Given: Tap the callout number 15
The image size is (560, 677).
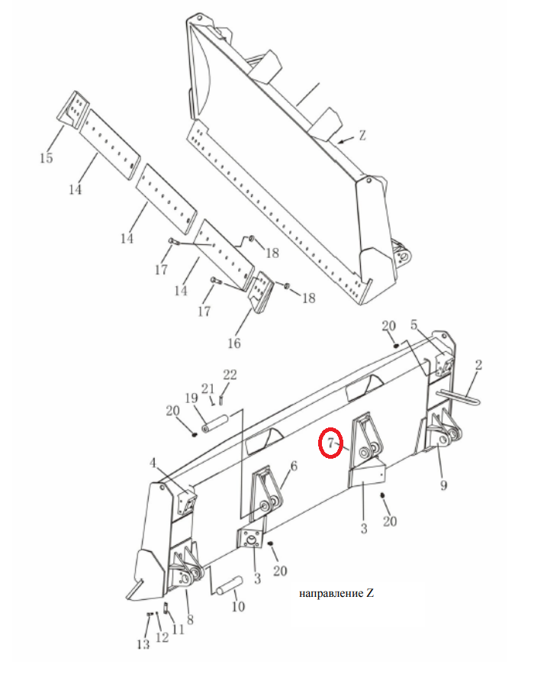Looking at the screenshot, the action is [x=47, y=158].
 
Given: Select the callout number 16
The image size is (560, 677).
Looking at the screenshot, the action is [x=233, y=343].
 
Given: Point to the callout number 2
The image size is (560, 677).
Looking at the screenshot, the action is [x=478, y=366].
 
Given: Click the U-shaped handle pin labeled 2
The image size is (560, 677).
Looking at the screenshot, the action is [x=458, y=396].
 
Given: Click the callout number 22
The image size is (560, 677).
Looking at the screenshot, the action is [x=230, y=374].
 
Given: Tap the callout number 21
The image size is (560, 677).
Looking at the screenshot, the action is [x=208, y=389].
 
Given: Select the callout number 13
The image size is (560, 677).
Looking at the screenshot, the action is [x=143, y=645].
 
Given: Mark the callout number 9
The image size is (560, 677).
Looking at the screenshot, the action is [x=443, y=485].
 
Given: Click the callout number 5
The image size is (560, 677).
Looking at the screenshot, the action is [x=414, y=324].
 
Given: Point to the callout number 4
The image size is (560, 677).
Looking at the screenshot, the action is [x=153, y=463].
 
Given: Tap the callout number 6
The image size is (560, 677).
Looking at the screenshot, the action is [x=294, y=466].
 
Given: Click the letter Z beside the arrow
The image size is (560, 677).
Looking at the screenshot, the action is [x=362, y=136].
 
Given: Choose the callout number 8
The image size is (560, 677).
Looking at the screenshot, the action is [x=190, y=620].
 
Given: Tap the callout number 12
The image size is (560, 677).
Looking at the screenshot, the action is [x=163, y=637].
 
